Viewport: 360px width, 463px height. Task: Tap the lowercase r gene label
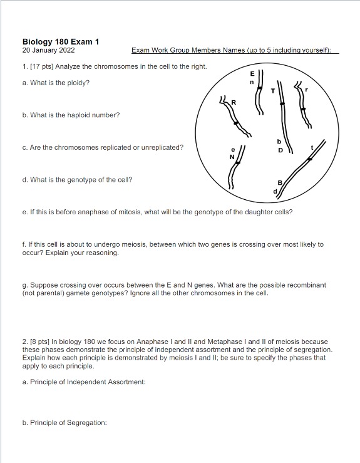(307, 90)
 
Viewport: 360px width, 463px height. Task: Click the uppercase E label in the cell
(252, 74)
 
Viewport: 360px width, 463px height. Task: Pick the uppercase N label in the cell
(232, 157)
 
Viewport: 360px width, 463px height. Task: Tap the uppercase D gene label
(280, 150)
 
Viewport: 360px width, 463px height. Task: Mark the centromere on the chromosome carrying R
(236, 123)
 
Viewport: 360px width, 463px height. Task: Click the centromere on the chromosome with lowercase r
(304, 108)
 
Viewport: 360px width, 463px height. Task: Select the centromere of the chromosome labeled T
(282, 103)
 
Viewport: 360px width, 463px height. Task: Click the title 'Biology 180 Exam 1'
(61, 42)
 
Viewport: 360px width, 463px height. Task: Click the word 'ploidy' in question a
(78, 82)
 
